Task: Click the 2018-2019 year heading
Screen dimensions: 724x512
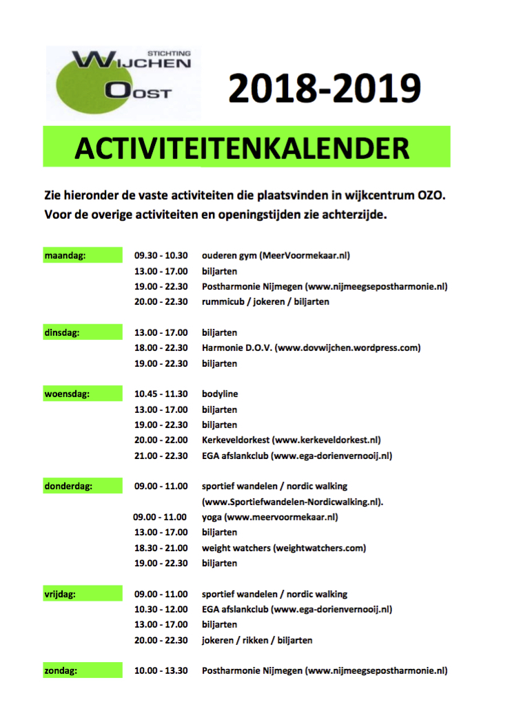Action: tap(324, 89)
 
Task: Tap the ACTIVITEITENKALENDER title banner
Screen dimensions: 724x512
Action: tap(247, 147)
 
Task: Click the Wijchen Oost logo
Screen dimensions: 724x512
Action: tap(117, 81)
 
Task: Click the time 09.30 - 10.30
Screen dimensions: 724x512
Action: tap(161, 256)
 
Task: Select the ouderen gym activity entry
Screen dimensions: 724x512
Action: tap(276, 256)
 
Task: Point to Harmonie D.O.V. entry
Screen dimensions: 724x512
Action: tap(311, 348)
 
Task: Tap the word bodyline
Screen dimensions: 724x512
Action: tap(219, 394)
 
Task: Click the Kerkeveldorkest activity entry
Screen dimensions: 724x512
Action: tap(291, 440)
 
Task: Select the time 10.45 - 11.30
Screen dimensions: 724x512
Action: tap(161, 394)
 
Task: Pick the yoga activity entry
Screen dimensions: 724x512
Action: tap(269, 517)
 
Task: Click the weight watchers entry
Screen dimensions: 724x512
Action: tap(283, 548)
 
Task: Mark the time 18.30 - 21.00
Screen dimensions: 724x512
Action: tap(161, 548)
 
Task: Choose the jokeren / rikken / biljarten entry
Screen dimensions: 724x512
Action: tap(256, 640)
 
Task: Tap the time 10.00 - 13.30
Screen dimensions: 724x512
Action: tap(161, 670)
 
